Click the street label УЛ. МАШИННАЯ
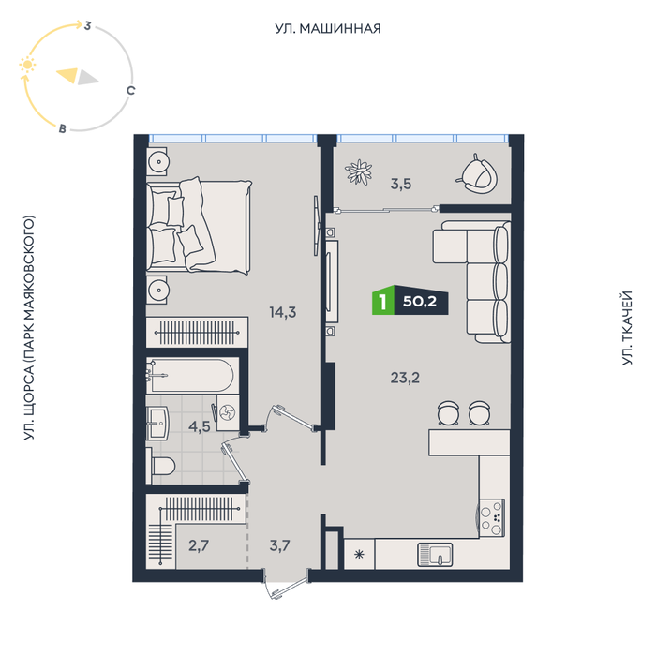328,28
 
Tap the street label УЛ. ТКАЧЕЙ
626,328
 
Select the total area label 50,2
420,301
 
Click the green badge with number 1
382,301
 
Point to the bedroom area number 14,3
283,312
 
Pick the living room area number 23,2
405,378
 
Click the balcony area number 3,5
401,184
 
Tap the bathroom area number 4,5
199,426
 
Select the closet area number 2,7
199,545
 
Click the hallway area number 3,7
279,545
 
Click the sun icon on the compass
27,65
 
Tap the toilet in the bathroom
161,465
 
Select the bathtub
190,375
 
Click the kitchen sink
435,555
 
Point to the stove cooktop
492,518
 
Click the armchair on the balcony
478,174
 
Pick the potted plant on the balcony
359,171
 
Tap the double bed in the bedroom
199,226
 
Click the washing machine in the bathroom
228,413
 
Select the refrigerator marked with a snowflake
359,554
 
